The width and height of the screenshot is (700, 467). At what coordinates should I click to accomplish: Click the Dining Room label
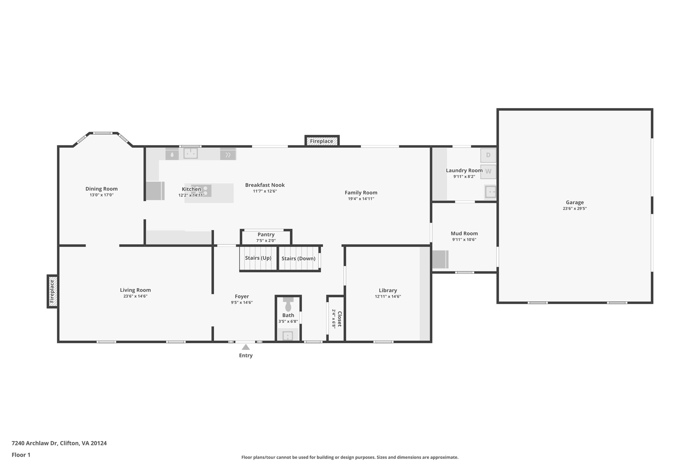click(102, 189)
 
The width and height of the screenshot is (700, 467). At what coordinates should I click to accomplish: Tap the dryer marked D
click(488, 155)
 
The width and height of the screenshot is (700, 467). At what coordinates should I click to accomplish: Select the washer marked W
click(488, 171)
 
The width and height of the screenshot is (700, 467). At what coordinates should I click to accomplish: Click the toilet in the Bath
click(288, 305)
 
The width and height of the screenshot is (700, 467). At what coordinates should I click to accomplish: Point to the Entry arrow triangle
click(246, 347)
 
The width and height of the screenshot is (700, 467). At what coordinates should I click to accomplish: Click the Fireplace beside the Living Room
click(52, 291)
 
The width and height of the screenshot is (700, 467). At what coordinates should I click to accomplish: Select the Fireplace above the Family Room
click(322, 141)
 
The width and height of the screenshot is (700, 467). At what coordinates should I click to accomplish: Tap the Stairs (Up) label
click(258, 258)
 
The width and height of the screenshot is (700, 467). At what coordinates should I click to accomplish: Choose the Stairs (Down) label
click(298, 258)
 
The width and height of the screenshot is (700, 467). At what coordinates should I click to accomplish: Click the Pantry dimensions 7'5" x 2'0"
click(266, 241)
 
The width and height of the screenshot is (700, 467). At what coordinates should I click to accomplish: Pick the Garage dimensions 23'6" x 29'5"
click(575, 208)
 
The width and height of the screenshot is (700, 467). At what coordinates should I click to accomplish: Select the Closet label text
click(339, 319)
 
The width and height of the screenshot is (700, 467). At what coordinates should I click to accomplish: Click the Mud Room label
click(464, 234)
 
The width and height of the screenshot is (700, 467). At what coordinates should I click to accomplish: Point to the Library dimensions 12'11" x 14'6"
click(388, 297)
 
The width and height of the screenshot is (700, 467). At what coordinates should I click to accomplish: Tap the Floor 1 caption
click(21, 455)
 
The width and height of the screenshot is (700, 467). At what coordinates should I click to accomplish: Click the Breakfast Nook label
click(265, 185)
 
